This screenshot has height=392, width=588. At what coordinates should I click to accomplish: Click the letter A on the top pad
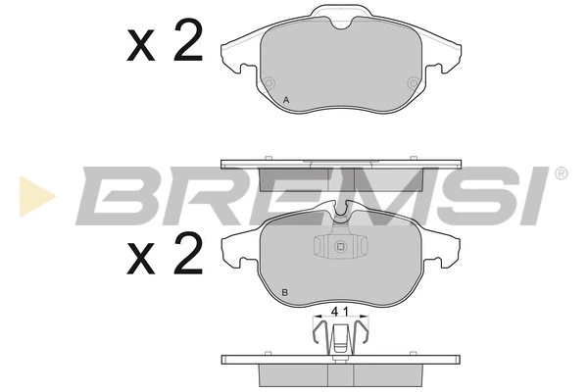[x=286, y=100]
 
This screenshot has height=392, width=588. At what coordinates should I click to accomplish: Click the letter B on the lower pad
[x=284, y=293]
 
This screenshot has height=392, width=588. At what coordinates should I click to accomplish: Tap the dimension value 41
[x=340, y=312]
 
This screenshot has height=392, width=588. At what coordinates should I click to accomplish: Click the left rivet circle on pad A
[x=269, y=82]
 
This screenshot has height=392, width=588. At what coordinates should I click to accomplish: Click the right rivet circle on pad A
[x=414, y=82]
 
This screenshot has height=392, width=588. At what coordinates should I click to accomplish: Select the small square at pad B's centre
[x=340, y=246]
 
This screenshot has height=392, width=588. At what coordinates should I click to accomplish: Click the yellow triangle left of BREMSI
[x=37, y=196]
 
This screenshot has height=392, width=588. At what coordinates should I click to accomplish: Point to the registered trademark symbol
[x=561, y=173]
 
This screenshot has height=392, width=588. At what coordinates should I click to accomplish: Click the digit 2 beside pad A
[x=188, y=40]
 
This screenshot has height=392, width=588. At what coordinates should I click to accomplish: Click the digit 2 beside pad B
[x=188, y=252]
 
